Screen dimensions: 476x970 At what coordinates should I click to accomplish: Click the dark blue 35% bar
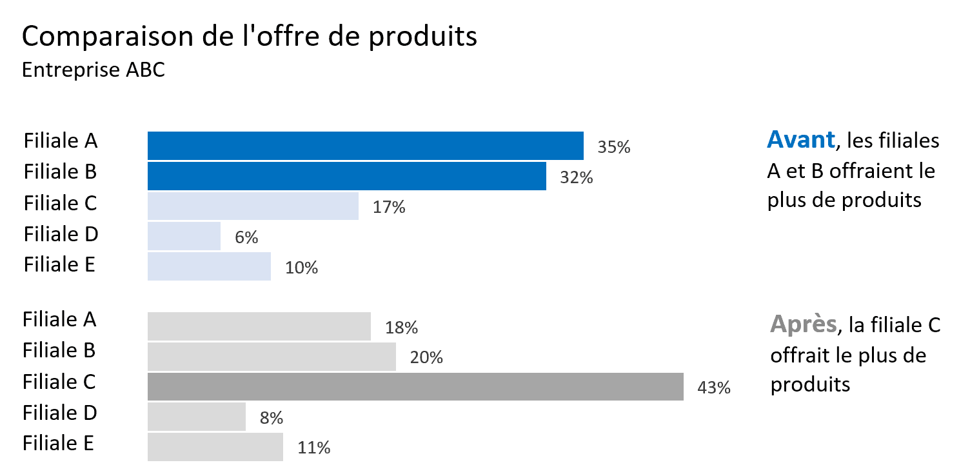pyautogui.click(x=365, y=145)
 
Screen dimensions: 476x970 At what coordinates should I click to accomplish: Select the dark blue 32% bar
pyautogui.click(x=346, y=176)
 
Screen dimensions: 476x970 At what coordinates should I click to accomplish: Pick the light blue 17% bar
pyautogui.click(x=253, y=206)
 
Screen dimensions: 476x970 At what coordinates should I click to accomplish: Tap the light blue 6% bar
pyautogui.click(x=184, y=236)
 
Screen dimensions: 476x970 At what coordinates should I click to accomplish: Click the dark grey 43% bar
pyautogui.click(x=415, y=386)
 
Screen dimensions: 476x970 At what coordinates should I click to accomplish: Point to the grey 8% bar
pyautogui.click(x=196, y=416)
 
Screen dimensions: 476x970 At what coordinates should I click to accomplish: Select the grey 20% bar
pyautogui.click(x=272, y=357)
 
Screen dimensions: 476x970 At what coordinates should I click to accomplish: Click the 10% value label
pyautogui.click(x=301, y=268)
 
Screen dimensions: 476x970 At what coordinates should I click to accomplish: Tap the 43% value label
pyautogui.click(x=714, y=388)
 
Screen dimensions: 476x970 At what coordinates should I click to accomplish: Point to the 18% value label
pyautogui.click(x=401, y=328)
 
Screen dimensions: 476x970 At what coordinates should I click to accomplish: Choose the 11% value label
pyautogui.click(x=314, y=448)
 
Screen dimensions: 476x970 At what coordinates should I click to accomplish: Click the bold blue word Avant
pyautogui.click(x=800, y=139)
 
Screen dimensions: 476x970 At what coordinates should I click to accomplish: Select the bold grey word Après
pyautogui.click(x=803, y=324)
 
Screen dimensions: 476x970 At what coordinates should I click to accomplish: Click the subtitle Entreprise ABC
pyautogui.click(x=94, y=70)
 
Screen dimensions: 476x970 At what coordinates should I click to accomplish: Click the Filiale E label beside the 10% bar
pyautogui.click(x=59, y=264)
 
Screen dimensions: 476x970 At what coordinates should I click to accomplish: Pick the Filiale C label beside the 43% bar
pyautogui.click(x=59, y=381)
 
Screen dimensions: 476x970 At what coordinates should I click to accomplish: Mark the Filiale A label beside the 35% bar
pyautogui.click(x=61, y=141)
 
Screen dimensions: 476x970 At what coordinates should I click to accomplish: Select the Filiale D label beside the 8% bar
pyautogui.click(x=59, y=412)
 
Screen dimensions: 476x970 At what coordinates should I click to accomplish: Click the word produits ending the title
pyautogui.click(x=424, y=37)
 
